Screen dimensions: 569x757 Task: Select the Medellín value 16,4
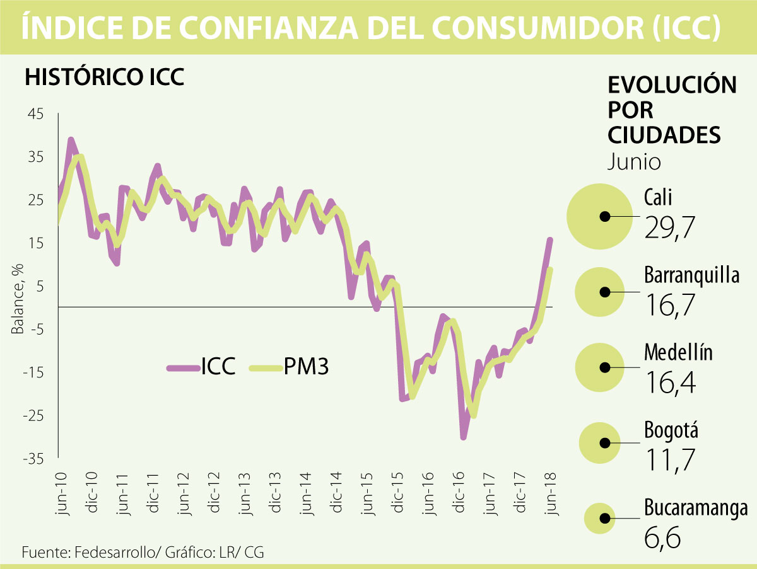671,381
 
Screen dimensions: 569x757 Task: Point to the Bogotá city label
671,432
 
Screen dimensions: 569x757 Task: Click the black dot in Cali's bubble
604,216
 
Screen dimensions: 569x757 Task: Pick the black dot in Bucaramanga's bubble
604,518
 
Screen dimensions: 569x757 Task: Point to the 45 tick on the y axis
35,114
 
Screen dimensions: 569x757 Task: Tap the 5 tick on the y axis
40,287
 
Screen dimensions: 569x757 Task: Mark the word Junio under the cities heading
634,163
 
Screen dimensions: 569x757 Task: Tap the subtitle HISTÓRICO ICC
104,78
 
